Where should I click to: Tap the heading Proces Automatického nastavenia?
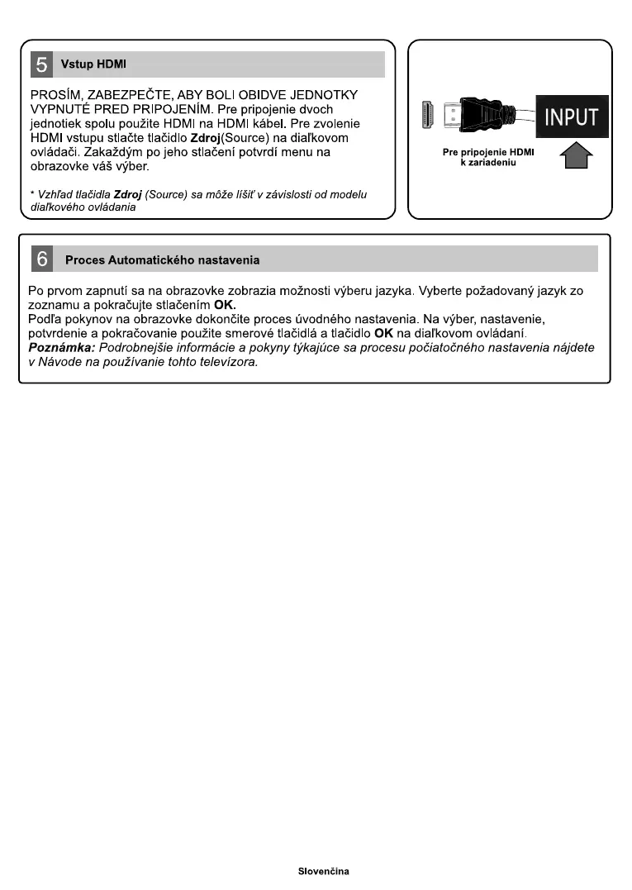162,260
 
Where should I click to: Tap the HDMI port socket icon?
428,117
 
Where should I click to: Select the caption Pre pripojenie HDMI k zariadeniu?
488,157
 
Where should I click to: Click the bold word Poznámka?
61,348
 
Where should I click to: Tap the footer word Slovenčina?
324,872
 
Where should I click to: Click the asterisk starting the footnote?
31,195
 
